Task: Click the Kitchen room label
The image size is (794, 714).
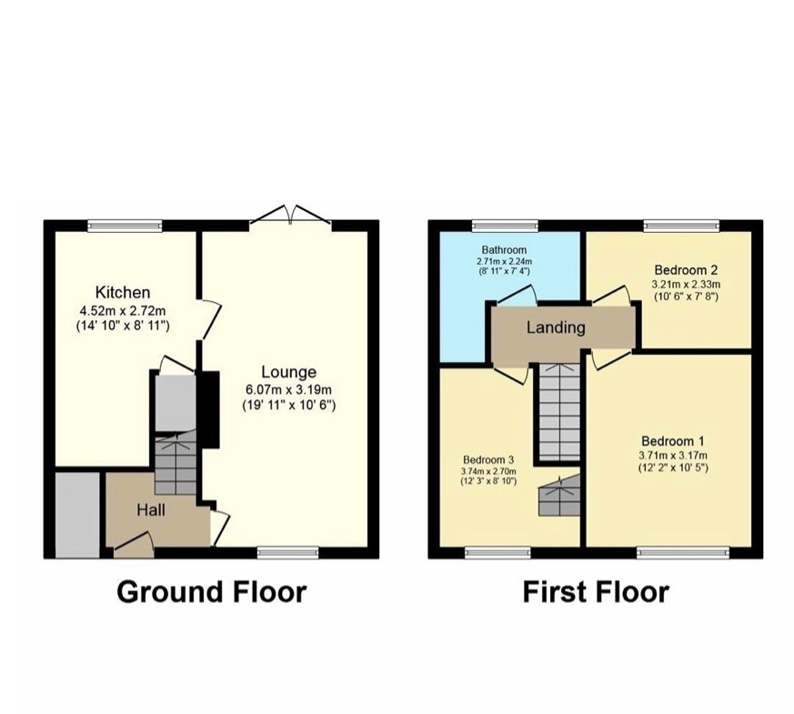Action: [x=123, y=293]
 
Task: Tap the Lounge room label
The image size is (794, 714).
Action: [x=288, y=372]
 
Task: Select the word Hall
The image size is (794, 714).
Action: [x=151, y=510]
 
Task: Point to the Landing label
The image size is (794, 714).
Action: [x=556, y=327]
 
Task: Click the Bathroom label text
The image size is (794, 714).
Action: [x=504, y=249]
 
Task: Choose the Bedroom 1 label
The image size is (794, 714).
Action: [x=672, y=440]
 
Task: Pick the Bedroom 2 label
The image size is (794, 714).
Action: [x=686, y=269]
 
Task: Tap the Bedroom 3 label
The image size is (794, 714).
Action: [x=488, y=460]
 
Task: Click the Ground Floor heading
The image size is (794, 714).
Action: [x=212, y=591]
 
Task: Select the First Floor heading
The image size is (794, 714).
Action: [x=596, y=591]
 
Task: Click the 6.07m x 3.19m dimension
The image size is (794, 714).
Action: [x=288, y=389]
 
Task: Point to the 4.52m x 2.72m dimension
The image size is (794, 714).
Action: [x=123, y=310]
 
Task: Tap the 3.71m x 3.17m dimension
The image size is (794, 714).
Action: [x=673, y=456]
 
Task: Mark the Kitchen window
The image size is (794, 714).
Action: [x=125, y=226]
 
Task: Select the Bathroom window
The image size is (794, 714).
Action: [x=506, y=226]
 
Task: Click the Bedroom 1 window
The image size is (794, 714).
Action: [x=683, y=552]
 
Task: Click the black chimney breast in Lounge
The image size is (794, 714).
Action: [x=210, y=409]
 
